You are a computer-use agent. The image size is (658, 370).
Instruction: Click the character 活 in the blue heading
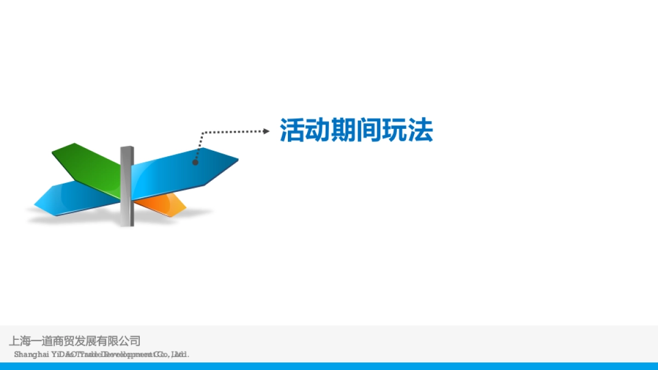pyautogui.click(x=293, y=130)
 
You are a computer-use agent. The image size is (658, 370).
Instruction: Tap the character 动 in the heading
pyautogui.click(x=318, y=130)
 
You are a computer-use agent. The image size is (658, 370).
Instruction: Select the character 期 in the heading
pyautogui.click(x=344, y=130)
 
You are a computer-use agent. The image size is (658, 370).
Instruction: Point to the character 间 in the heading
pyautogui.click(x=369, y=130)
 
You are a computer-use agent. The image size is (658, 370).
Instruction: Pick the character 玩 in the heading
pyautogui.click(x=395, y=130)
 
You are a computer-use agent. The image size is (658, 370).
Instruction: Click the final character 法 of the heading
pyautogui.click(x=421, y=130)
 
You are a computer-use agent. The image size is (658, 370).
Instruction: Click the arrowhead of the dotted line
pyautogui.click(x=266, y=131)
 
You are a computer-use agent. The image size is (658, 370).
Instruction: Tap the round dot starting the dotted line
pyautogui.click(x=195, y=162)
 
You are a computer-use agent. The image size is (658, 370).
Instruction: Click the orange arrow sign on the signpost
pyautogui.click(x=164, y=204)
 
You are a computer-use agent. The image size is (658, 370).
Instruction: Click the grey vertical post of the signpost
pyautogui.click(x=127, y=186)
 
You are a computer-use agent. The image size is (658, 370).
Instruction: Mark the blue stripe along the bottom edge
pyautogui.click(x=329, y=366)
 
